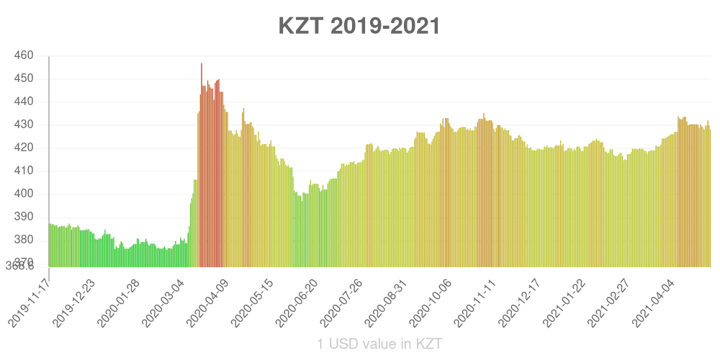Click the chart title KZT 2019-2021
click(x=359, y=27)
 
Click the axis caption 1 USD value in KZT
click(x=379, y=343)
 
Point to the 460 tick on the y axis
click(x=24, y=55)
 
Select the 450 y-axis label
click(x=24, y=78)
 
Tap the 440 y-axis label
click(x=24, y=102)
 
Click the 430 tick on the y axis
click(x=24, y=125)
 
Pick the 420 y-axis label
click(x=24, y=148)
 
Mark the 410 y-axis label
click(x=24, y=171)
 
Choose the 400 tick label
click(x=24, y=194)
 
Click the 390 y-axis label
click(x=24, y=217)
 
